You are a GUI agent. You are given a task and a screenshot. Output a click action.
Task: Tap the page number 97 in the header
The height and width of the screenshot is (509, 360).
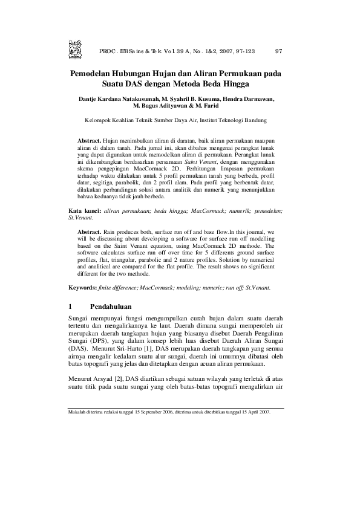(x=279, y=51)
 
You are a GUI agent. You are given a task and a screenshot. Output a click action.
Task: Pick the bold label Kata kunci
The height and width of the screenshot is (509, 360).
(x=84, y=210)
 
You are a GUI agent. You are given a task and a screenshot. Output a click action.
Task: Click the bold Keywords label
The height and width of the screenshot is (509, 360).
(x=83, y=288)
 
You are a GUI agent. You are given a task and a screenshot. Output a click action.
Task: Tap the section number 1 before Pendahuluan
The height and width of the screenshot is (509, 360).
(x=71, y=306)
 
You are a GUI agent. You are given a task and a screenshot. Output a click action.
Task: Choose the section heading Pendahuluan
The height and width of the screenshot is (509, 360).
(x=111, y=306)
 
